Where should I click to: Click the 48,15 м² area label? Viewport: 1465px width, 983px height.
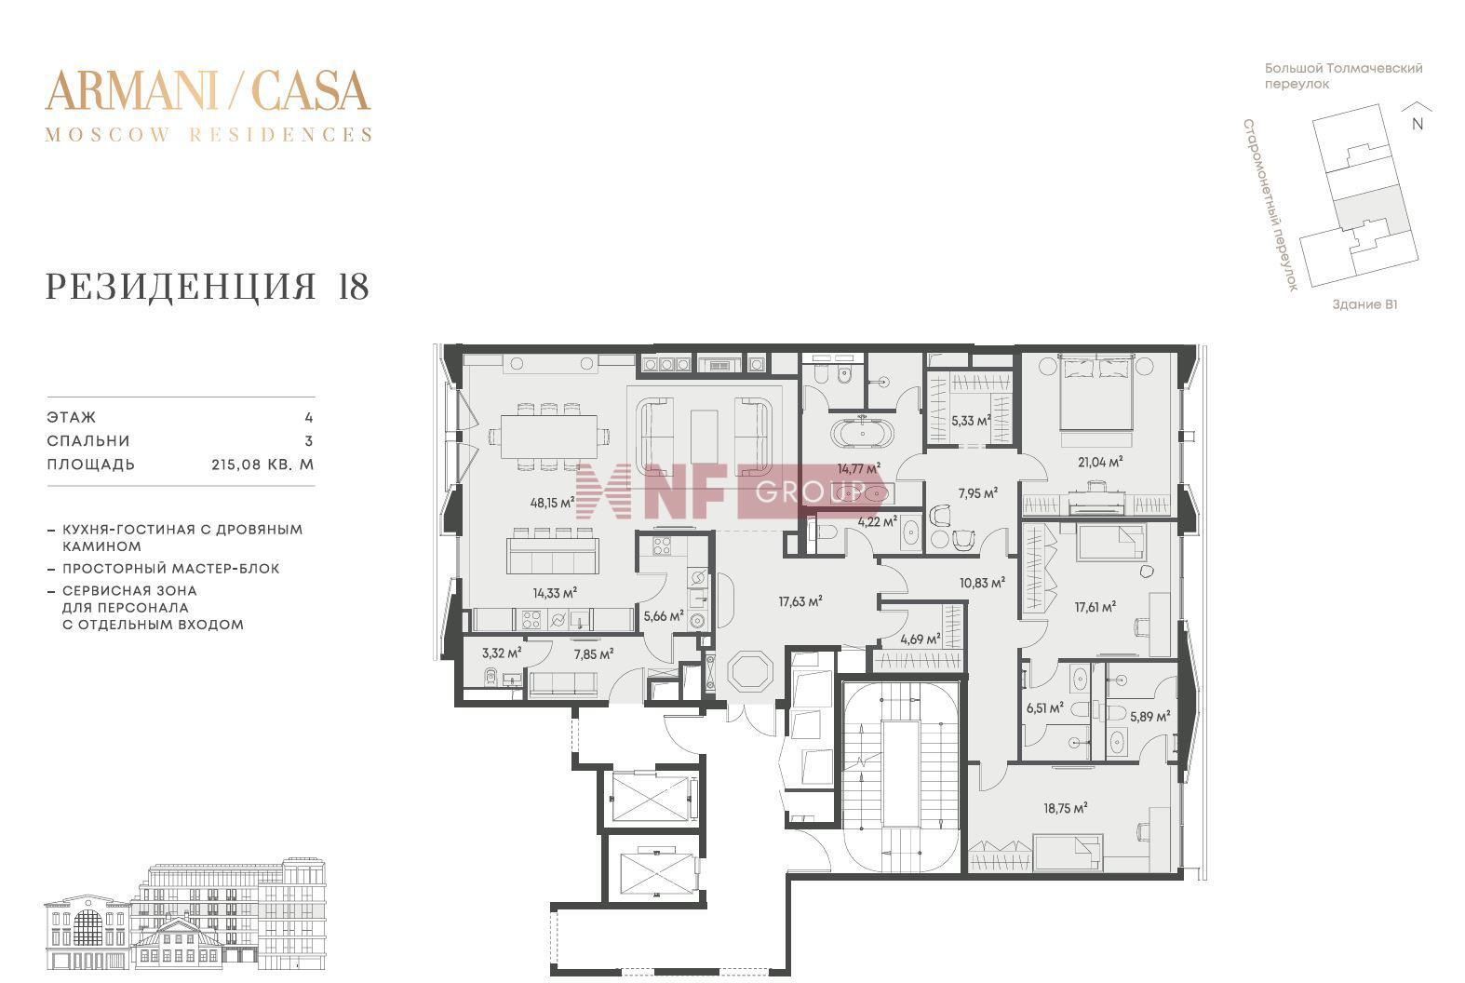[552, 503]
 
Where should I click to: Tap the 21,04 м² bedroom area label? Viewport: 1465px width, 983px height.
[1100, 462]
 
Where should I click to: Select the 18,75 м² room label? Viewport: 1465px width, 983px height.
[1066, 808]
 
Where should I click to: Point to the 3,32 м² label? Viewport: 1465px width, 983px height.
[502, 653]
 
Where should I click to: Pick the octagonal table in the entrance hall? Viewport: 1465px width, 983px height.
[751, 671]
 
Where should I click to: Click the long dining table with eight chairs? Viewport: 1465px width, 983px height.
[549, 437]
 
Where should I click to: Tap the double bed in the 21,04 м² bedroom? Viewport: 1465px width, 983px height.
[1096, 393]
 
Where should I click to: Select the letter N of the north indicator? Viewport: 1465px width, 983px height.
[1418, 124]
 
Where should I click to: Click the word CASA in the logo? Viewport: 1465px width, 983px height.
[311, 90]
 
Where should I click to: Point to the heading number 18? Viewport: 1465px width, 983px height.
[354, 287]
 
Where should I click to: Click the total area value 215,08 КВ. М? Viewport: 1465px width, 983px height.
[262, 465]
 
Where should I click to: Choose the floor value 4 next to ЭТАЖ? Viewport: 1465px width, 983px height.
[309, 417]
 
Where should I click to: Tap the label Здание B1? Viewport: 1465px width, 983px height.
[1364, 304]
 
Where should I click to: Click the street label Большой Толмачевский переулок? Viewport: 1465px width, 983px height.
[1343, 76]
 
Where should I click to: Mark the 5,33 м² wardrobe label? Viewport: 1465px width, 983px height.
[971, 421]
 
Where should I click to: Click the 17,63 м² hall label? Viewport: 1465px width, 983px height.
[800, 601]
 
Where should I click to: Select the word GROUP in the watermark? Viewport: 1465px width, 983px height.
[811, 491]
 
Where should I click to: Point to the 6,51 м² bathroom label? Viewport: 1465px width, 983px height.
[1044, 707]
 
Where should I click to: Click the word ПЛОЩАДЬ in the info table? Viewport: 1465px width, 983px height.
[91, 465]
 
